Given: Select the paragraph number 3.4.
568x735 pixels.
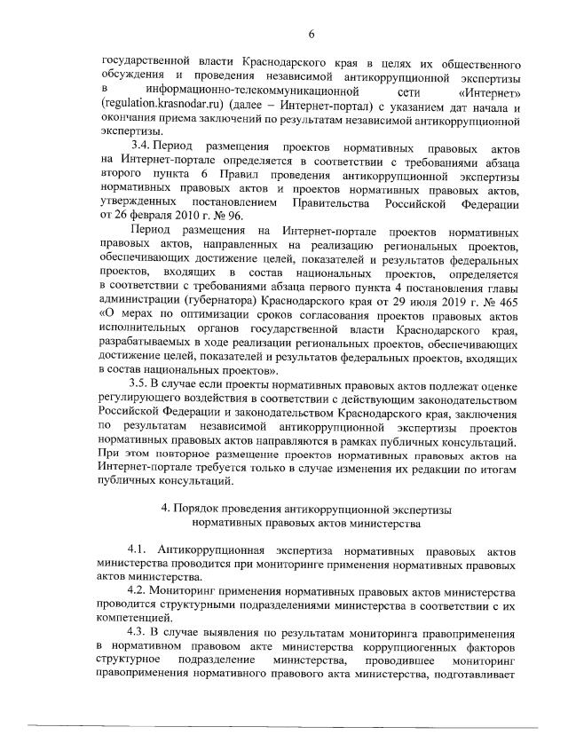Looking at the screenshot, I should (x=146, y=145).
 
